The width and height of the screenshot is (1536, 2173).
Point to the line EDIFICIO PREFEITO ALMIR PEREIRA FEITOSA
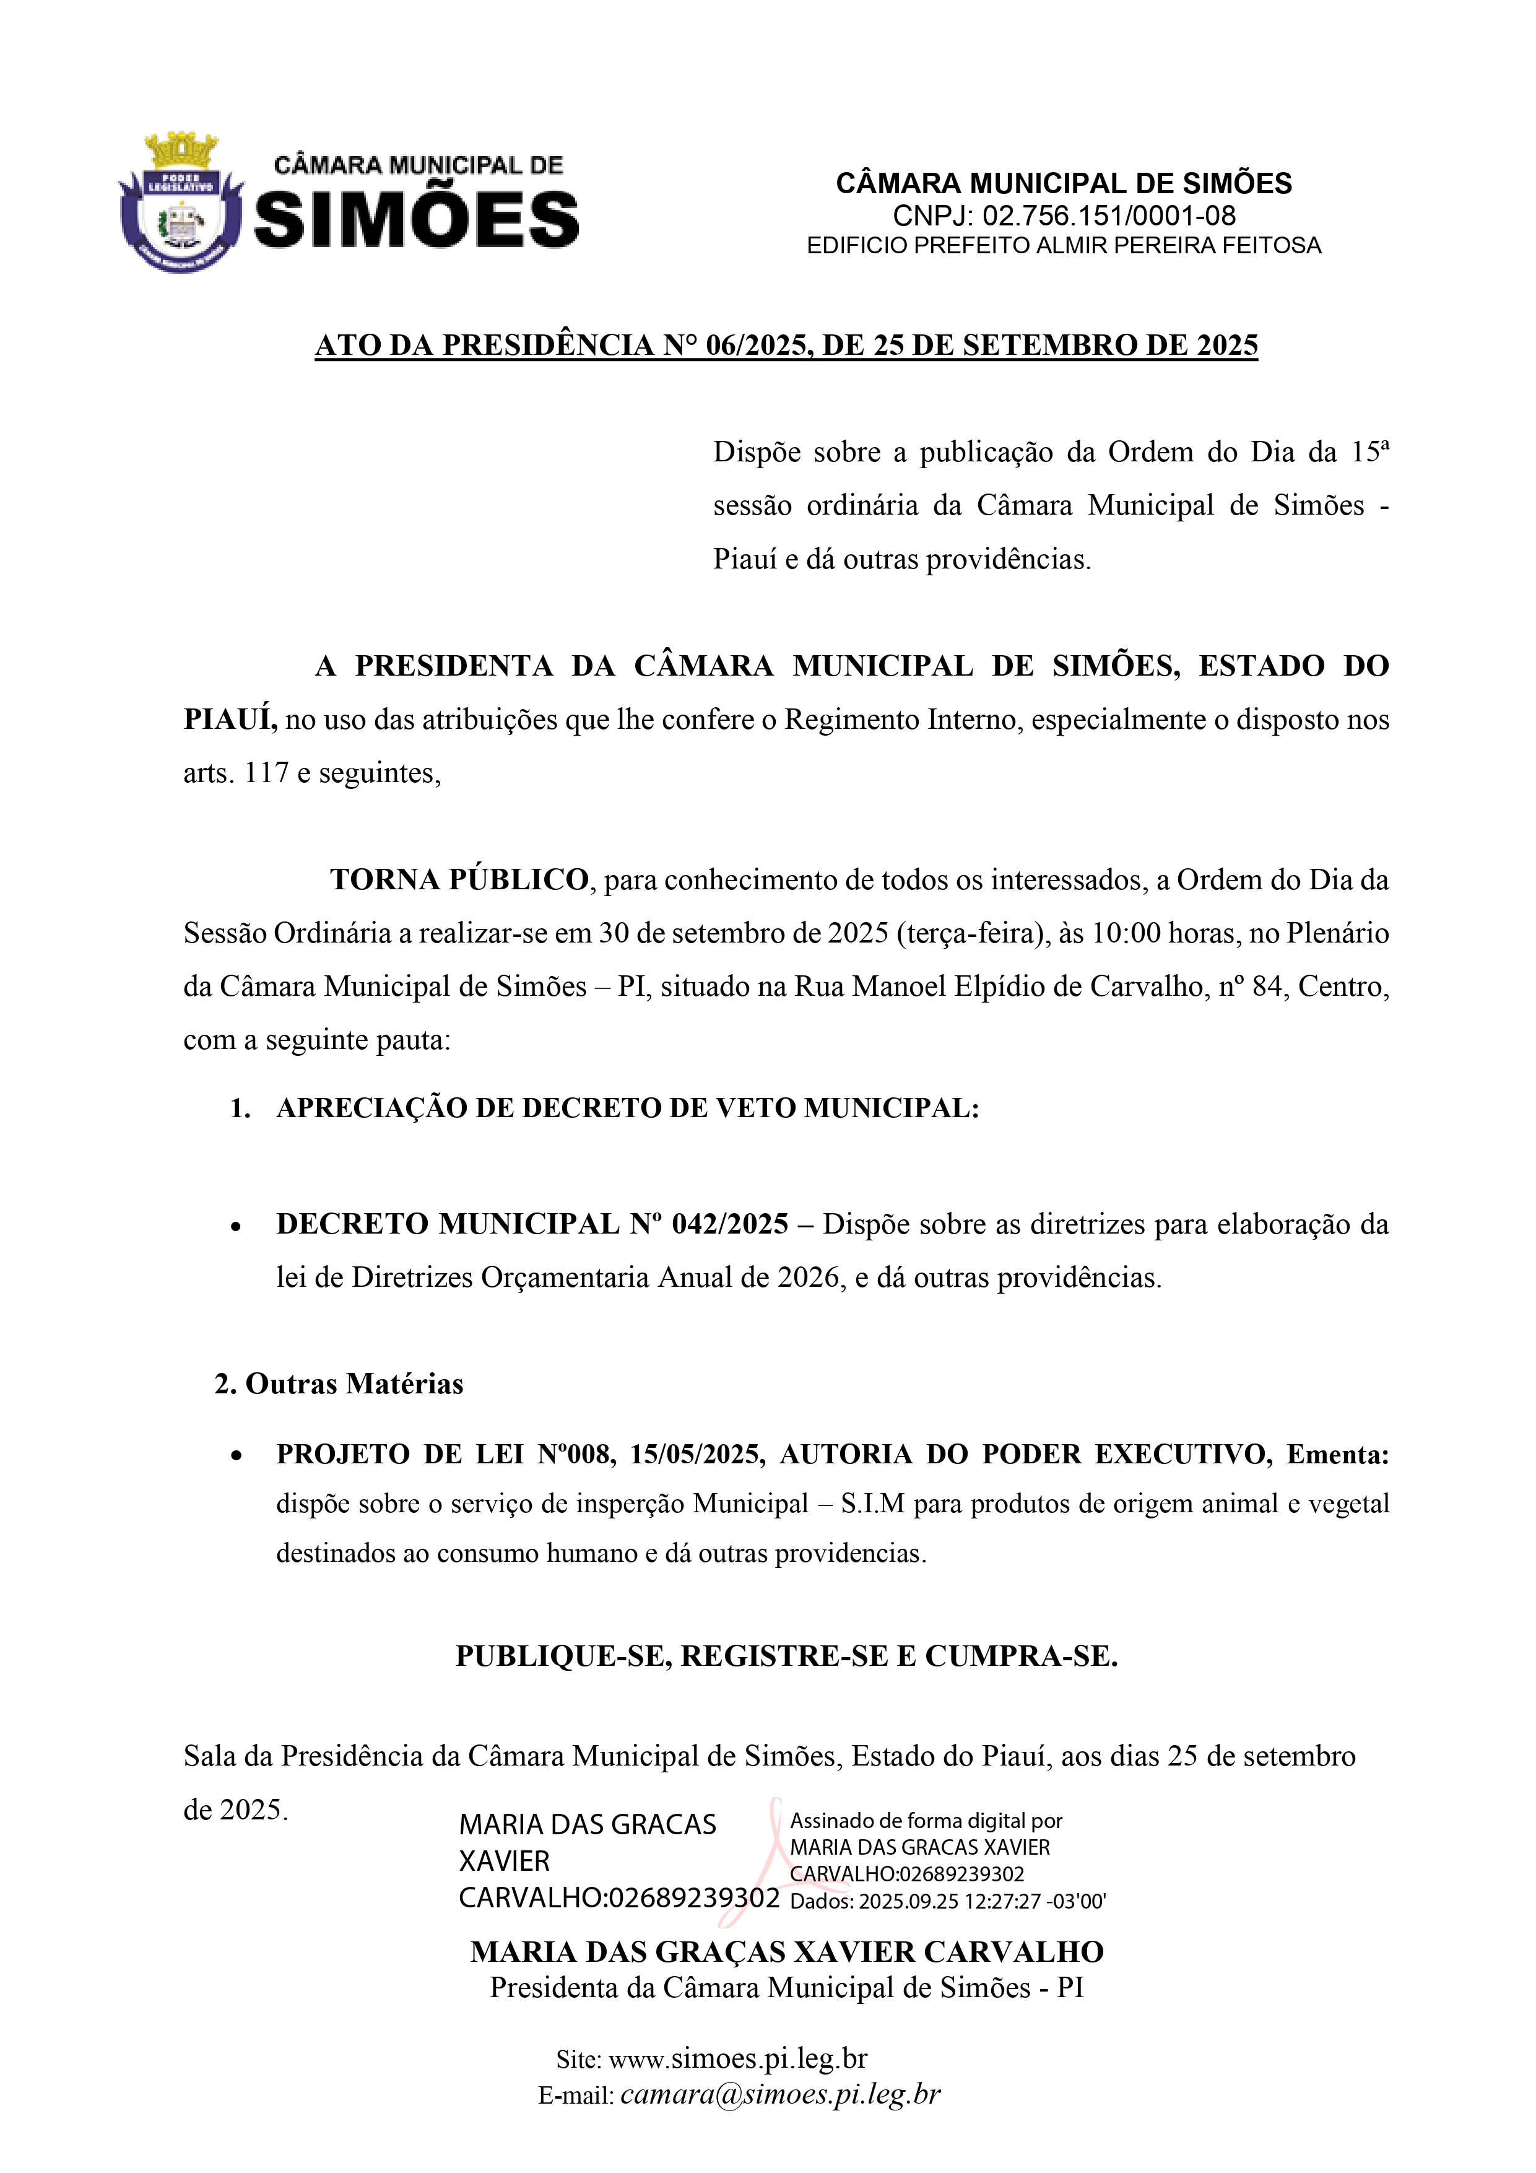1063,246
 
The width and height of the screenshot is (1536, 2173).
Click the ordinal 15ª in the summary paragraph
1369,451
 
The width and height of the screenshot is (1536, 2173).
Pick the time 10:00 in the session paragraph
1126,933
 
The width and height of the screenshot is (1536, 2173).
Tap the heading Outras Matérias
354,1383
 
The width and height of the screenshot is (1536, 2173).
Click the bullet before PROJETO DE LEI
236,1456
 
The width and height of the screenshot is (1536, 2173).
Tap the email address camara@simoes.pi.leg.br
781,2094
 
